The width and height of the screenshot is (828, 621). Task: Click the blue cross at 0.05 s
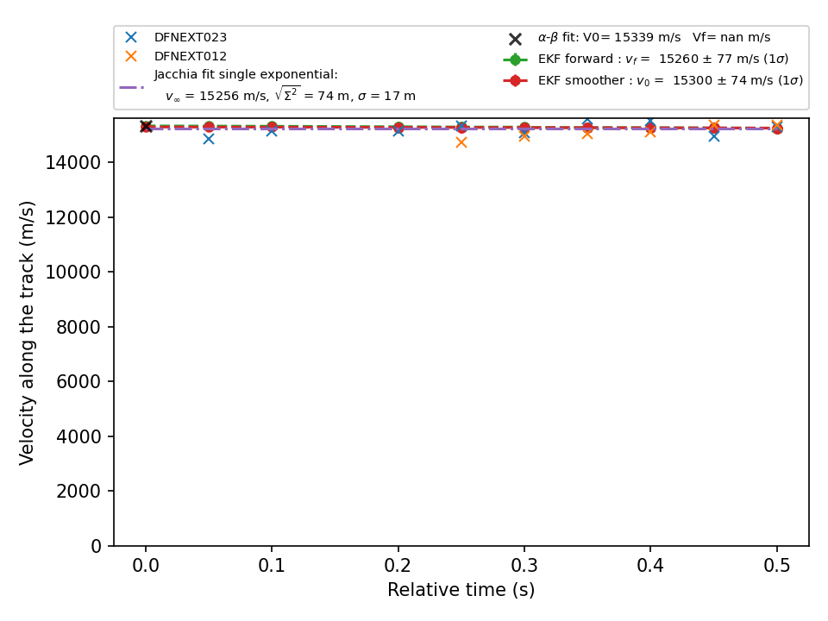pos(209,139)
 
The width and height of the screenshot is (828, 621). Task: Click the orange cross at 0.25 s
pos(461,142)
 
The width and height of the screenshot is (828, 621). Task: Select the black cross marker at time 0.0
pos(146,126)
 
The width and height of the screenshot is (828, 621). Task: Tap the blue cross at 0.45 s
pos(714,136)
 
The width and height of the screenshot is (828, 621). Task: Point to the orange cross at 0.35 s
pos(587,135)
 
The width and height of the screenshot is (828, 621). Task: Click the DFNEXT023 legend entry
pos(190,37)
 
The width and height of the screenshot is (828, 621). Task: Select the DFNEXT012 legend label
pos(190,57)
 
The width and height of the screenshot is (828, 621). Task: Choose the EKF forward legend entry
pos(663,60)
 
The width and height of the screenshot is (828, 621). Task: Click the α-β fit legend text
pos(655,37)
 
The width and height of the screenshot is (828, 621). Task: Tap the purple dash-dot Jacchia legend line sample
pos(131,86)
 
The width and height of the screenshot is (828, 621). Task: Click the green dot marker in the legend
pos(516,60)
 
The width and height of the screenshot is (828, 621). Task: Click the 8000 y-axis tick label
pos(78,327)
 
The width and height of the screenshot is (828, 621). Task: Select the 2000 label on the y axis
pos(78,491)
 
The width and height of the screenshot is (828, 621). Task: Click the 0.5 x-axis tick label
pos(777,566)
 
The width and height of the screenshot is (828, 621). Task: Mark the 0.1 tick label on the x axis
pos(272,566)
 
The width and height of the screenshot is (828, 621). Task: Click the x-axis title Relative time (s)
pos(461,590)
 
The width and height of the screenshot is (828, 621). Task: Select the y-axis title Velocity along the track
pos(27,333)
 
